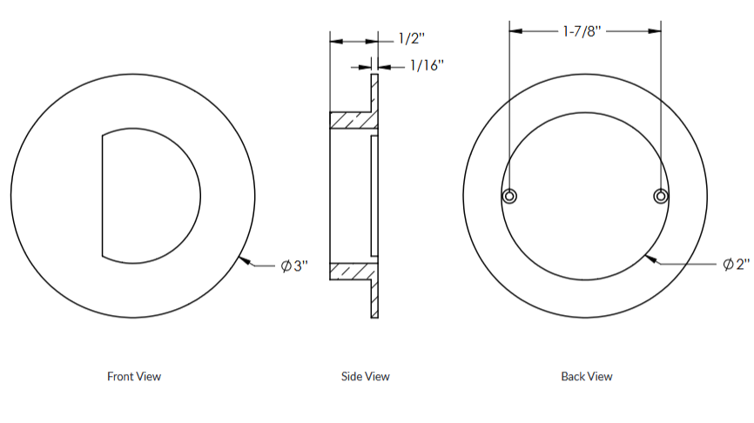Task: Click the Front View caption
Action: (134, 377)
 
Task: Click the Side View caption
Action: (366, 377)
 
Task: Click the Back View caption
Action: (587, 377)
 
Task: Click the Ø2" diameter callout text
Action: (736, 265)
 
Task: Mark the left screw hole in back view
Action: (510, 196)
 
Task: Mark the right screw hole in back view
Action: (661, 196)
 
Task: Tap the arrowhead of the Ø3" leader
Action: (243, 258)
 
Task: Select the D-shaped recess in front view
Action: (148, 195)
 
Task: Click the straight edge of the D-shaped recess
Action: (102, 195)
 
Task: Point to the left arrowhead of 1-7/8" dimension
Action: (515, 31)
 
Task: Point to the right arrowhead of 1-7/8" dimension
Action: (656, 31)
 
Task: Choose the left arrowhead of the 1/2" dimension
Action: (334, 40)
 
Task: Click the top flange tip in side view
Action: (375, 77)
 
